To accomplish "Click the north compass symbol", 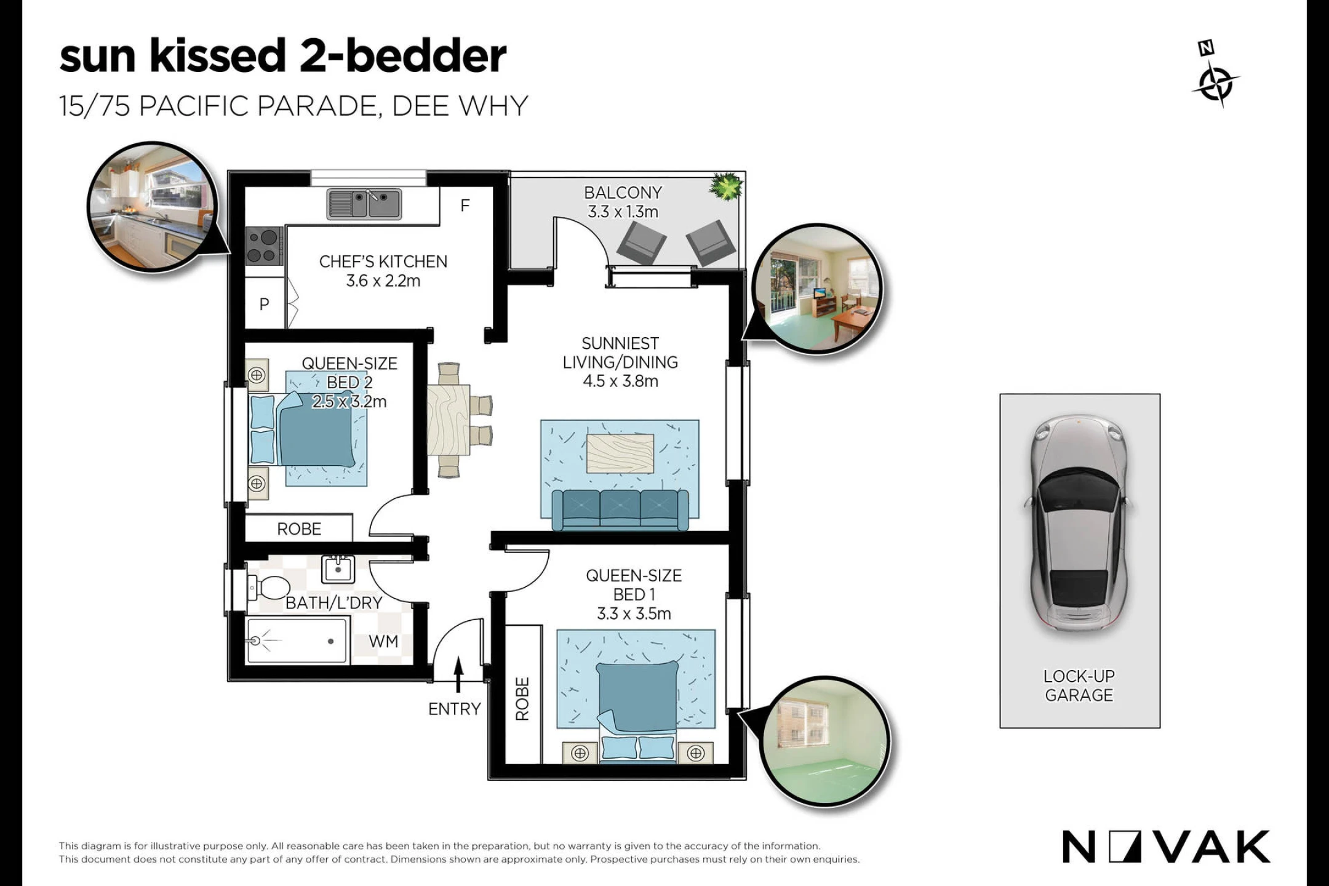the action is (1215, 75).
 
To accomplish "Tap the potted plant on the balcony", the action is (727, 186).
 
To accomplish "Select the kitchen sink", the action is (364, 204).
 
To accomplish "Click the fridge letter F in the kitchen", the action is (465, 206).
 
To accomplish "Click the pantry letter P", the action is (265, 304).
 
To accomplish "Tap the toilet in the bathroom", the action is (268, 588).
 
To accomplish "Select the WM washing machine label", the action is (383, 642).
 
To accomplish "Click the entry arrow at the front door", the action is (458, 676).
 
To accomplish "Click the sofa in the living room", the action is (620, 509).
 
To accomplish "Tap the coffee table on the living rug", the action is (620, 453).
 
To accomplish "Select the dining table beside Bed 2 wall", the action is (449, 420).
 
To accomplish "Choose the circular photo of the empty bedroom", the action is (825, 741).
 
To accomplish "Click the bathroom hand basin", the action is (338, 569).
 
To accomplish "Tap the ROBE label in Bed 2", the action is (299, 529).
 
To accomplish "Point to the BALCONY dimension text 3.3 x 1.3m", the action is (623, 212).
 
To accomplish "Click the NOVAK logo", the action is (1166, 847).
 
